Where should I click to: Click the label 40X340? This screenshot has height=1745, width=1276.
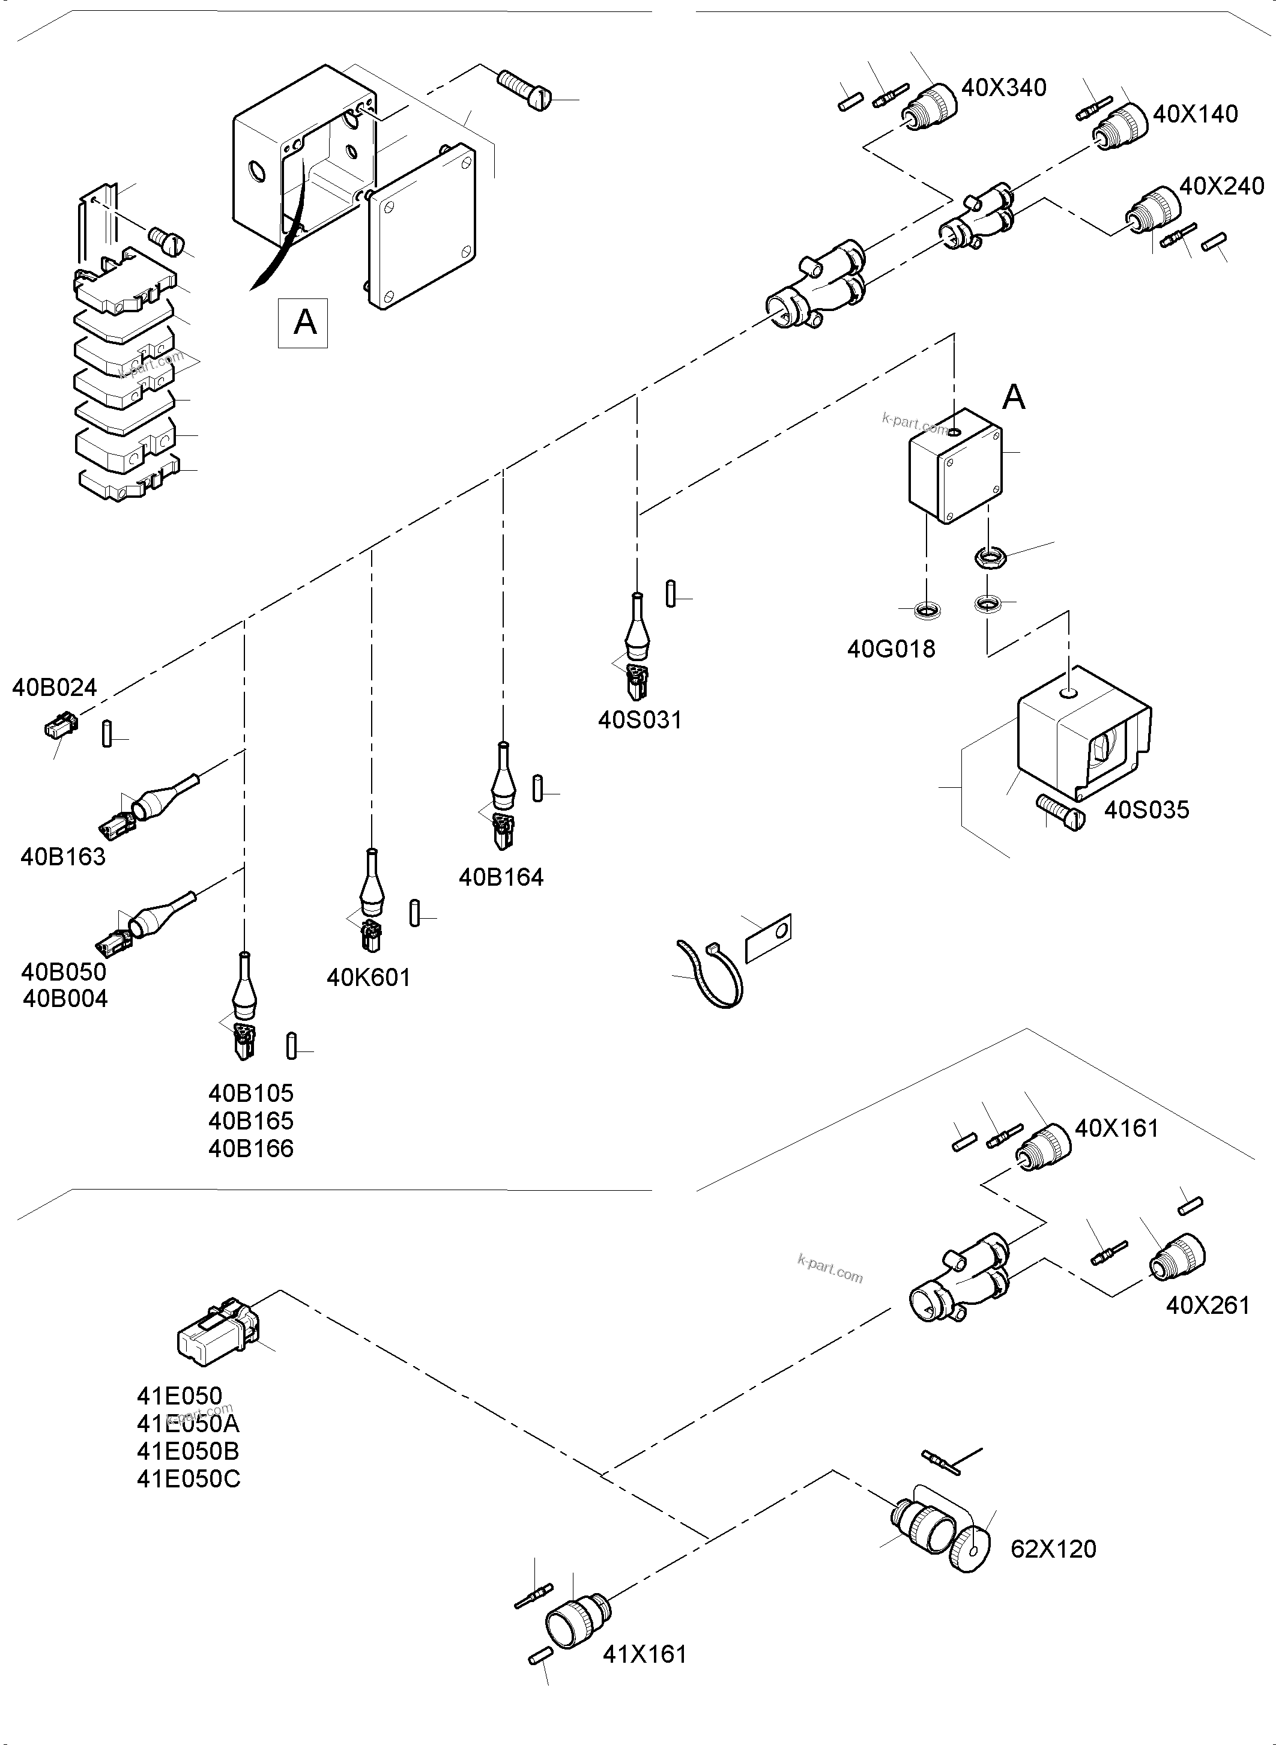coord(1003,88)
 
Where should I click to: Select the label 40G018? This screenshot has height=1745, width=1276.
coord(890,649)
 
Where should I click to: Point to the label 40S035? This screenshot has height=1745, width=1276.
coord(1146,810)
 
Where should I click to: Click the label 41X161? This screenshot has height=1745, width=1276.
coord(644,1654)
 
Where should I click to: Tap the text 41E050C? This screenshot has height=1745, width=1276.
coord(189,1478)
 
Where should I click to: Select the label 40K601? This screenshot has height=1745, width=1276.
coord(369,978)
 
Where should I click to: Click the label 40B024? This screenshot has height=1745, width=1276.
coord(54,688)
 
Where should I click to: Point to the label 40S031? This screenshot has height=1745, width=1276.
coord(640,720)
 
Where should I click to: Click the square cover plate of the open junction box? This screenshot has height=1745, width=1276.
coord(422,226)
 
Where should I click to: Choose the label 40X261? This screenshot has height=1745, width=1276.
coord(1208,1305)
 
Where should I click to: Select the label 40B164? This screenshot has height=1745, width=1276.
coord(501,877)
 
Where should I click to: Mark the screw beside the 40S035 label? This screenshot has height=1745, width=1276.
coord(1063,812)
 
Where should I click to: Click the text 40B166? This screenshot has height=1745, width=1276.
coord(251,1149)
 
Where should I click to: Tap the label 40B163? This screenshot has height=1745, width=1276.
coord(62,857)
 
